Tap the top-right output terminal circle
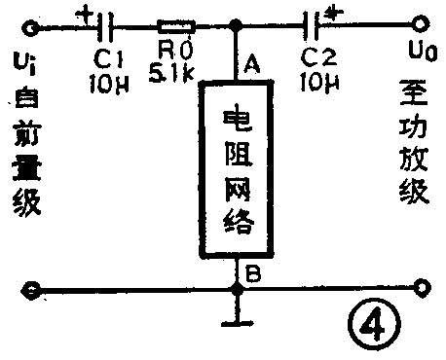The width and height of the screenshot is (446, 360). tap(420, 23)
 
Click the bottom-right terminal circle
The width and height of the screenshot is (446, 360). tap(420, 287)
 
